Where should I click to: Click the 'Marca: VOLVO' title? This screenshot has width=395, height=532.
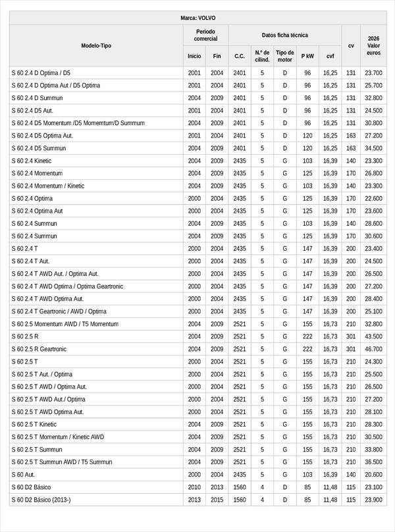(x=197, y=18)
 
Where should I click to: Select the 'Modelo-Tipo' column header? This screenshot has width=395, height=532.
(x=96, y=45)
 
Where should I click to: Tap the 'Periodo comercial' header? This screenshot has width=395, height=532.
(x=205, y=35)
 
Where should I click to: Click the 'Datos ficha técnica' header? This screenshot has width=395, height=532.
(x=284, y=35)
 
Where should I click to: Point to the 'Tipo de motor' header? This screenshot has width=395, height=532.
(x=285, y=55)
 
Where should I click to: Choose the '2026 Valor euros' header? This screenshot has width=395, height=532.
(x=373, y=45)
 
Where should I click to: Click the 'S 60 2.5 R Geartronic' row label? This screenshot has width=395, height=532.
(x=39, y=349)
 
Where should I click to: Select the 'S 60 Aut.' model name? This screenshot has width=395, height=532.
(x=23, y=474)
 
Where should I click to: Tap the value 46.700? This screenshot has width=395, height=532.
(x=373, y=349)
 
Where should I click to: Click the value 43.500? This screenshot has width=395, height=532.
(x=373, y=336)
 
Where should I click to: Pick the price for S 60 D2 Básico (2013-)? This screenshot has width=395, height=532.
(x=373, y=500)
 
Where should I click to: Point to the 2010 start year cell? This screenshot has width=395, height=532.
(x=194, y=487)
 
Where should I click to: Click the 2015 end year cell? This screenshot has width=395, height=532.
(x=217, y=500)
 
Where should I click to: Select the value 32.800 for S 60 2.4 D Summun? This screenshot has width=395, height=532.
(x=373, y=98)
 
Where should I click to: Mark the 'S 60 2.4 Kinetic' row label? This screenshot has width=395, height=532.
(x=31, y=161)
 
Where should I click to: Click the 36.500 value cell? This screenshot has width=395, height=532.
(x=373, y=462)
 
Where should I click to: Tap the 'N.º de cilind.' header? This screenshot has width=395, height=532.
(x=262, y=55)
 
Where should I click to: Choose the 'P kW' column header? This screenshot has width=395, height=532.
(x=307, y=56)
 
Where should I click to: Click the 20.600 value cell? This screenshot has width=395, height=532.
(x=373, y=474)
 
